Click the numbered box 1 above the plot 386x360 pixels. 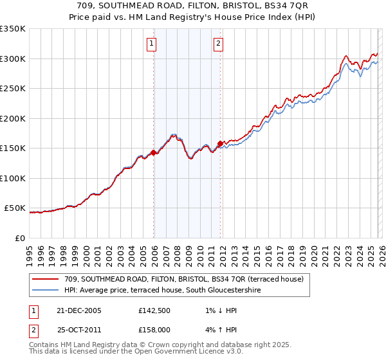click(x=151, y=44)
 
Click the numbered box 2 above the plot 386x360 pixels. click(x=218, y=44)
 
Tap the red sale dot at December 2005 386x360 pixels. click(x=154, y=152)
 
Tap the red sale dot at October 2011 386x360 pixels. click(x=220, y=143)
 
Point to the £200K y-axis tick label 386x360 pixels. click(x=13, y=118)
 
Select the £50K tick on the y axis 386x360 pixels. click(x=15, y=208)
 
